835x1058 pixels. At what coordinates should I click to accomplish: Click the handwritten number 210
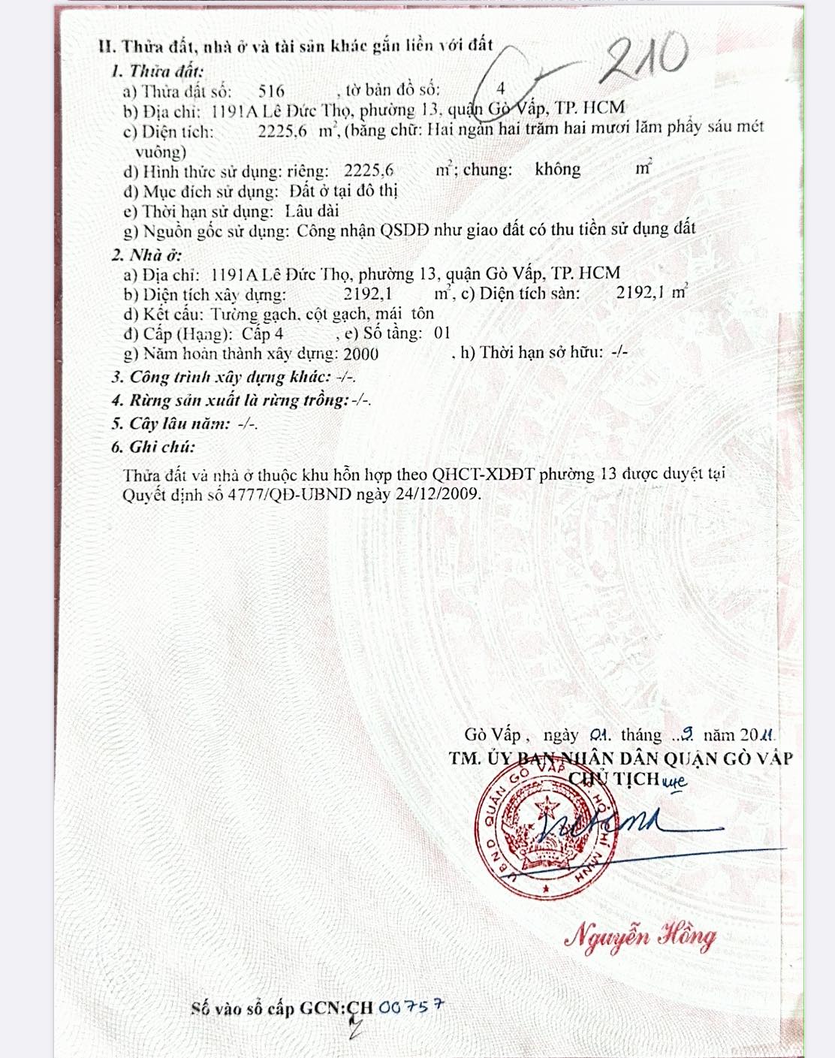click(644, 59)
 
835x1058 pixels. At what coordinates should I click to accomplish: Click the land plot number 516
click(271, 92)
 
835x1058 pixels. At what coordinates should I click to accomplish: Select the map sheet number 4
click(501, 89)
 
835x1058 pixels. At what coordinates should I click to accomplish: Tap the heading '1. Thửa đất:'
click(156, 71)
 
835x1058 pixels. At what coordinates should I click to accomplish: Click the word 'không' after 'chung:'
click(557, 169)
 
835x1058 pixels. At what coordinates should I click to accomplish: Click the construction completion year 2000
click(360, 354)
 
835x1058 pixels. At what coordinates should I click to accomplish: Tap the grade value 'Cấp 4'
click(262, 333)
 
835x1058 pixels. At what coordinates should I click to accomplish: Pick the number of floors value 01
click(442, 333)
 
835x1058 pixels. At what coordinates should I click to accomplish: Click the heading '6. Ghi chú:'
click(152, 447)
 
